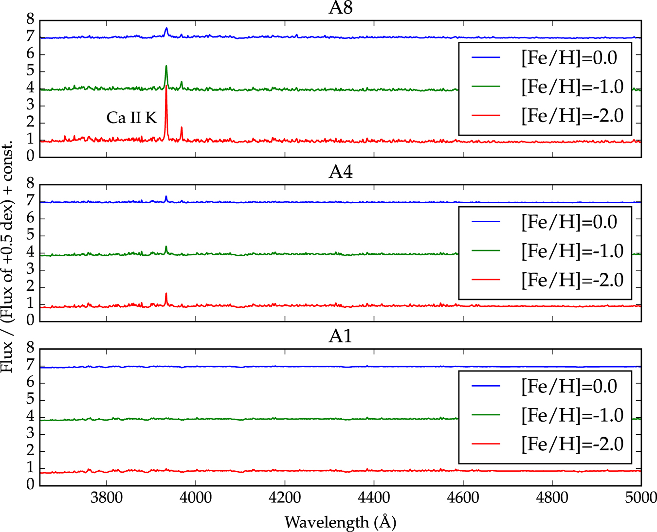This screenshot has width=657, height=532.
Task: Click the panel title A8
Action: coord(340,8)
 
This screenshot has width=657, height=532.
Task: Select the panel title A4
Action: coord(340,172)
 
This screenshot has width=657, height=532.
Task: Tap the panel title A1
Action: coord(340,337)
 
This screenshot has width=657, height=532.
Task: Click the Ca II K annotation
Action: coord(131,118)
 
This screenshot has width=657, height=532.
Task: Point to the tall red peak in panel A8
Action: coord(166,88)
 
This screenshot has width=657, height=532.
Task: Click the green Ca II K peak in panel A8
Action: coord(166,67)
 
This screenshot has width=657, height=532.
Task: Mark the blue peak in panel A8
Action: coord(166,29)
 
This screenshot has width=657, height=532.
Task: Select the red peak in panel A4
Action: coord(166,295)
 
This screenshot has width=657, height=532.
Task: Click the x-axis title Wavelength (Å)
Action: coord(340,522)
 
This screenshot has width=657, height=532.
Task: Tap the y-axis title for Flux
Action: coord(8,258)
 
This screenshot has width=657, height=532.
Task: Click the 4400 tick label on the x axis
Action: coord(374,498)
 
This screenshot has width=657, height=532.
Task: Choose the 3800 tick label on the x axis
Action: coord(107,498)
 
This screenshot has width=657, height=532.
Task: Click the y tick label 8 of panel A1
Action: coord(31,348)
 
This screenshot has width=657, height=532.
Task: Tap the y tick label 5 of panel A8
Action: coord(31,71)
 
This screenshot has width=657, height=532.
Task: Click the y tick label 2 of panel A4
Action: coord(31,286)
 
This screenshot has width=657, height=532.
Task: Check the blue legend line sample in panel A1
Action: coord(486,386)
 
